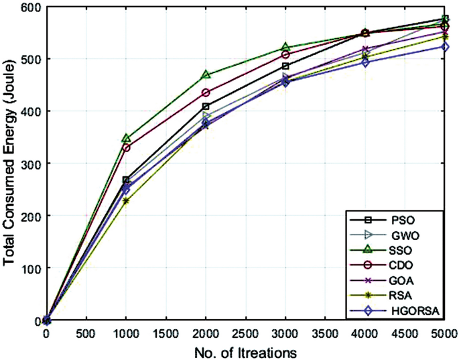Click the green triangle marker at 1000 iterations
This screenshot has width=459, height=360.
click(x=126, y=138)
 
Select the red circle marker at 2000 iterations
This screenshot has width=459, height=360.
click(x=206, y=93)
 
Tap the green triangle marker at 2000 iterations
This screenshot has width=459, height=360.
click(x=206, y=75)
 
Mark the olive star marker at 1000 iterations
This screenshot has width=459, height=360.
click(x=126, y=200)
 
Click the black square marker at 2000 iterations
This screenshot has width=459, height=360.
click(x=206, y=107)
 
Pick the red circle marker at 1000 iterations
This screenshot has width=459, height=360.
click(x=126, y=147)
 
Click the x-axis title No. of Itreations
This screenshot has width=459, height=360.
click(x=246, y=351)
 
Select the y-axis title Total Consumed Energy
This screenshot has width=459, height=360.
click(x=9, y=163)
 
